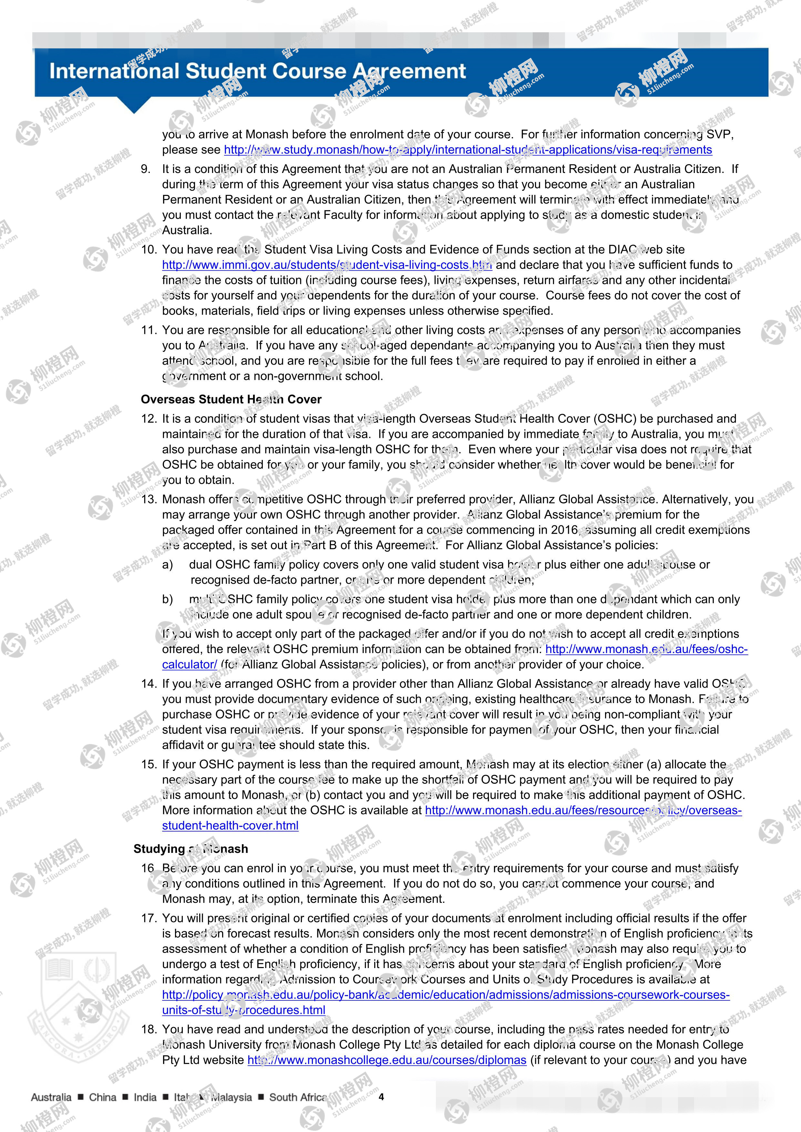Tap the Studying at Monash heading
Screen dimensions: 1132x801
point(190,848)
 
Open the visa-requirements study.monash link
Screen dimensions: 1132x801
point(467,149)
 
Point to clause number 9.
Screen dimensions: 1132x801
point(146,169)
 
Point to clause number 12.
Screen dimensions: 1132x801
point(149,419)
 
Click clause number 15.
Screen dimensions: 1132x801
point(149,764)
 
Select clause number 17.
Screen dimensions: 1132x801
point(149,918)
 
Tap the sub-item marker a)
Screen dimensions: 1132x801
point(168,564)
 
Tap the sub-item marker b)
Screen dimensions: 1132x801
point(168,599)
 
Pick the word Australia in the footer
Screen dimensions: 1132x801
point(51,1097)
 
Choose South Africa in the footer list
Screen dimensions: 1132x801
point(297,1097)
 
